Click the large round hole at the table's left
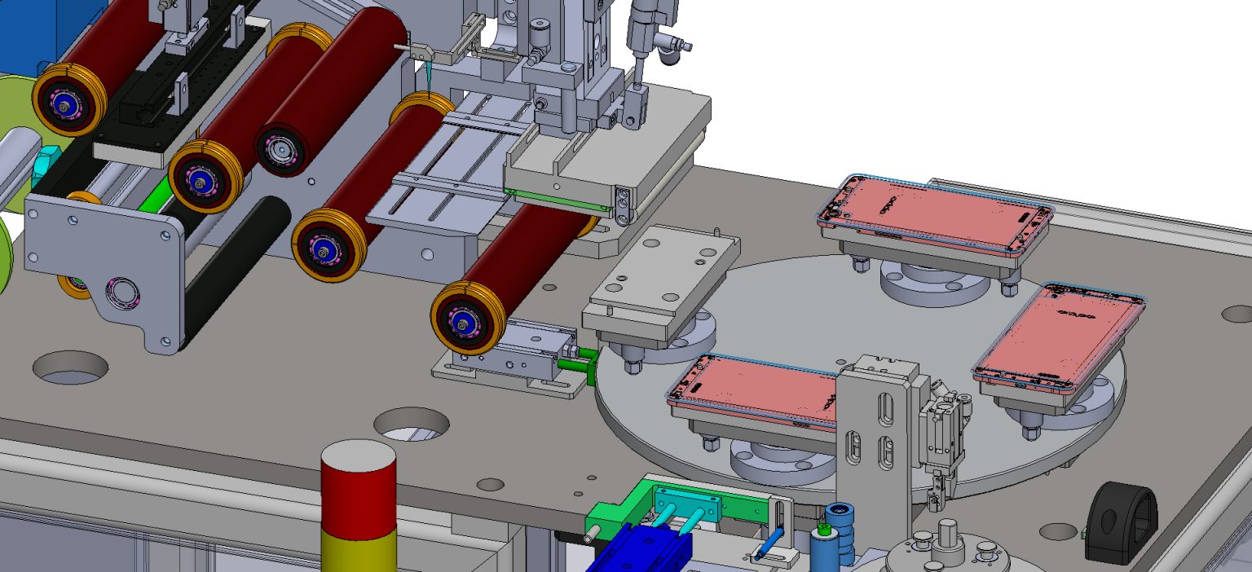tap(71, 367)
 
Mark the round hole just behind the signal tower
tap(412, 423)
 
